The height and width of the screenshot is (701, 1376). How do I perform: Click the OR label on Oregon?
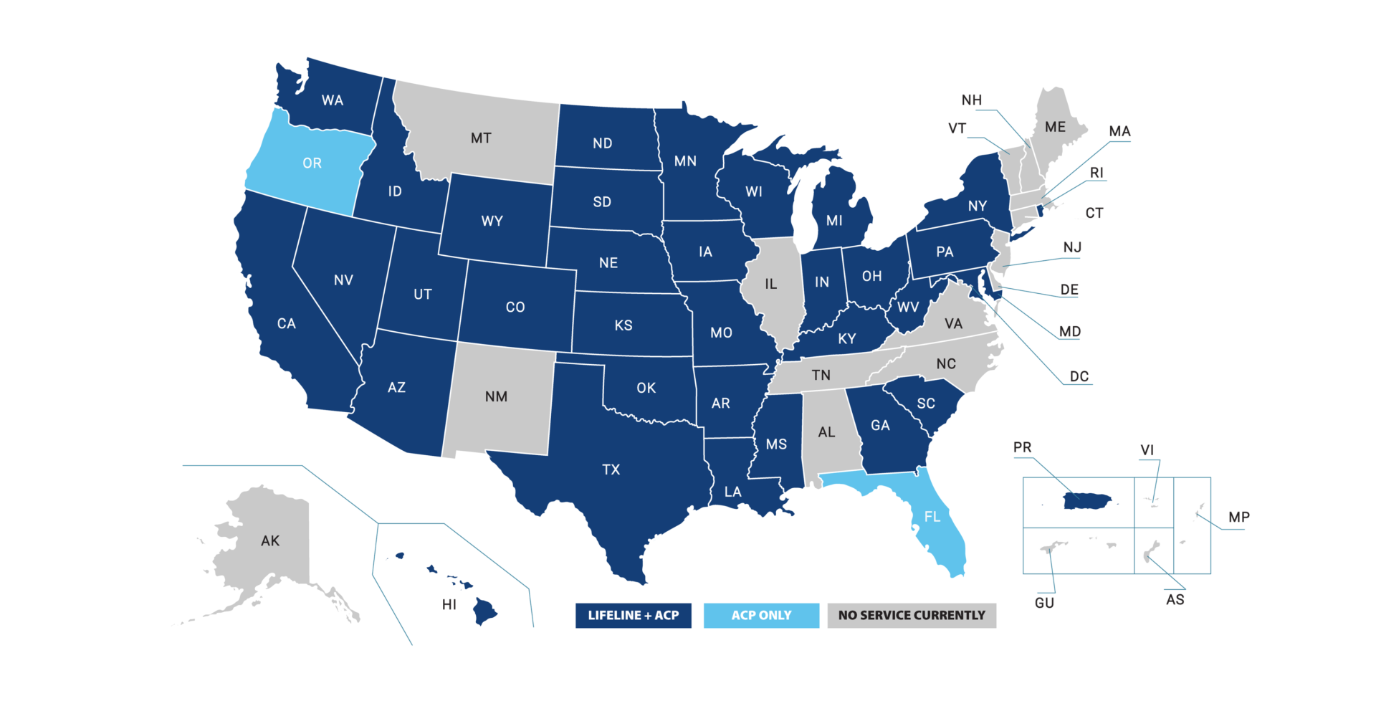click(312, 163)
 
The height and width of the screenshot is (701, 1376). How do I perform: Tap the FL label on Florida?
click(932, 516)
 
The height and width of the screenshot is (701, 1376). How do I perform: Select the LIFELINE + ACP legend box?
click(633, 615)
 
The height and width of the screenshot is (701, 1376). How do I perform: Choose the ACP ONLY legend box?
click(761, 615)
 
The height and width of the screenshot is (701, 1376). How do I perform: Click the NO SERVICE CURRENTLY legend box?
click(912, 615)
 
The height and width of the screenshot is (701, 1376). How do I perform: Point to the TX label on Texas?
click(611, 469)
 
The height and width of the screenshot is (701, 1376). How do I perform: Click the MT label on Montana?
click(481, 138)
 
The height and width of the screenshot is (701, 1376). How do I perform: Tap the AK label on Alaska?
click(270, 540)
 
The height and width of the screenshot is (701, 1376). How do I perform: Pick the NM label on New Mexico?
click(496, 396)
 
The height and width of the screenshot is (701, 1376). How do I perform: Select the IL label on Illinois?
click(770, 284)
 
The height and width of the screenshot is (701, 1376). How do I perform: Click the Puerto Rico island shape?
click(1088, 501)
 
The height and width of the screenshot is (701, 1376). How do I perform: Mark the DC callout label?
click(1079, 376)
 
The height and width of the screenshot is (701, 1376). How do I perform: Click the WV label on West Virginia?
click(908, 307)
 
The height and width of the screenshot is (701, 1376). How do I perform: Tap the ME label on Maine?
click(1055, 127)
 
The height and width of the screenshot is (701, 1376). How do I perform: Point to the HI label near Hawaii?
click(449, 604)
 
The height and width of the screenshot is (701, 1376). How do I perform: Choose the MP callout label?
click(1238, 517)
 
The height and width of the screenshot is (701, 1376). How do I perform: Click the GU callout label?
click(1044, 603)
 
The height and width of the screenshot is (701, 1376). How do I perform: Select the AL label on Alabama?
click(826, 432)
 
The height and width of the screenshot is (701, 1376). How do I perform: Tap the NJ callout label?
click(1071, 247)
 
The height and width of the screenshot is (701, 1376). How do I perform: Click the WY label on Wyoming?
click(492, 221)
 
